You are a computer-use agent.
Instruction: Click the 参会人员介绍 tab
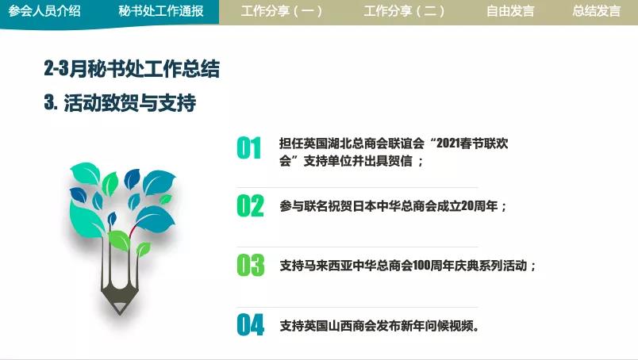44,11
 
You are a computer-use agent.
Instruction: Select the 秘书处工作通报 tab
161,11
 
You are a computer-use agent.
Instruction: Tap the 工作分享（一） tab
281,11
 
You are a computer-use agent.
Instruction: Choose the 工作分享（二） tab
404,11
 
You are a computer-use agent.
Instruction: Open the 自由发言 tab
510,11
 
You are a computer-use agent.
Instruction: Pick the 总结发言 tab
597,11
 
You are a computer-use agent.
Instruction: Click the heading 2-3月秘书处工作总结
132,68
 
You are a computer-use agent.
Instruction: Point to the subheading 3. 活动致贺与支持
120,102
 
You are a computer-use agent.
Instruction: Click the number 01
249,148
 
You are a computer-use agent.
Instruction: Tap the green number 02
250,206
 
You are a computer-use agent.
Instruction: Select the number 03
250,265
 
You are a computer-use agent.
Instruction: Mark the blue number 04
250,325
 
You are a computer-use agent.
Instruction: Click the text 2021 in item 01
448,144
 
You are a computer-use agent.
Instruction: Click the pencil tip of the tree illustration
120,312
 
